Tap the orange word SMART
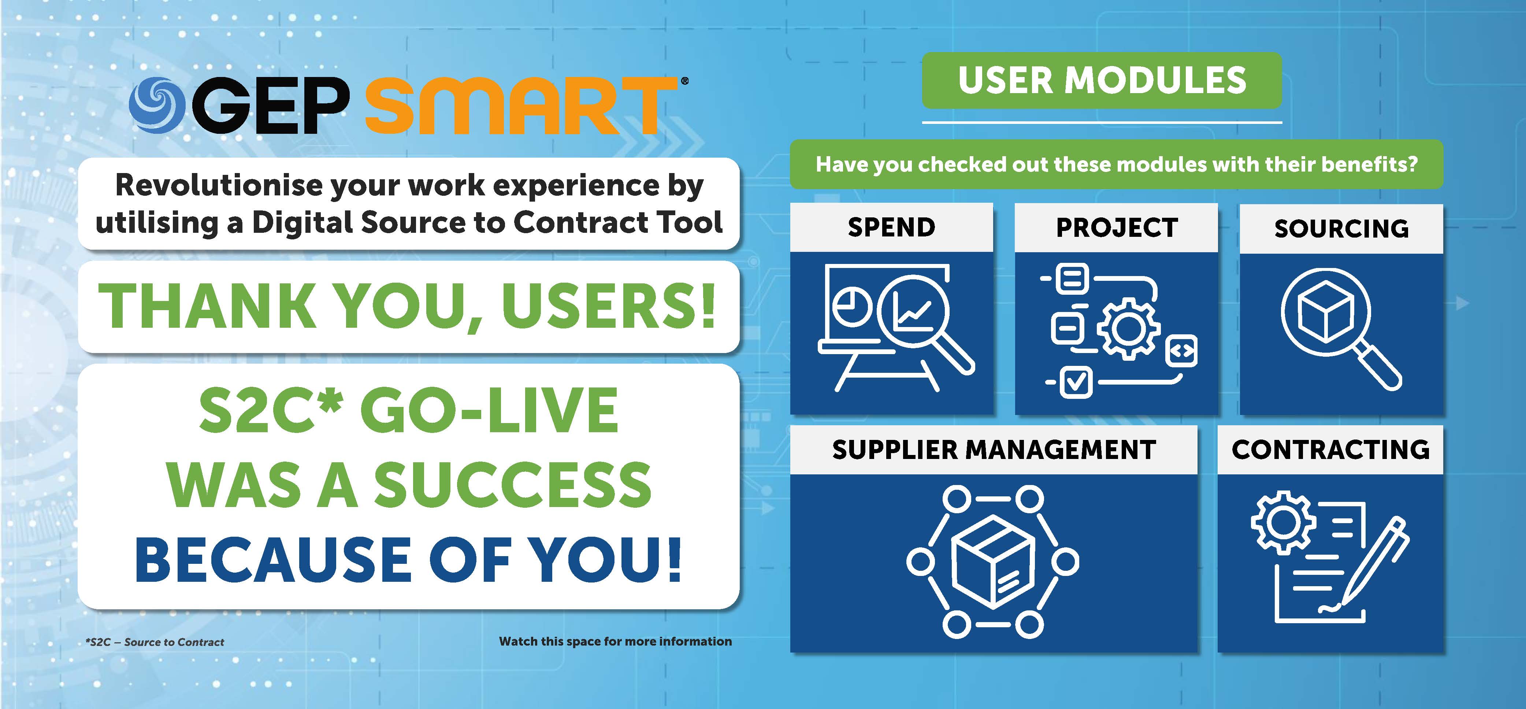click(x=521, y=106)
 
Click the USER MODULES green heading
click(x=1102, y=81)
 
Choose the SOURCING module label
click(x=1342, y=229)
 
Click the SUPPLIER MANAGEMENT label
click(x=994, y=450)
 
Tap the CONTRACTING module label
click(x=1330, y=450)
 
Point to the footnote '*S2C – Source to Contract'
click(x=155, y=642)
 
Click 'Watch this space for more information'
click(x=616, y=642)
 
